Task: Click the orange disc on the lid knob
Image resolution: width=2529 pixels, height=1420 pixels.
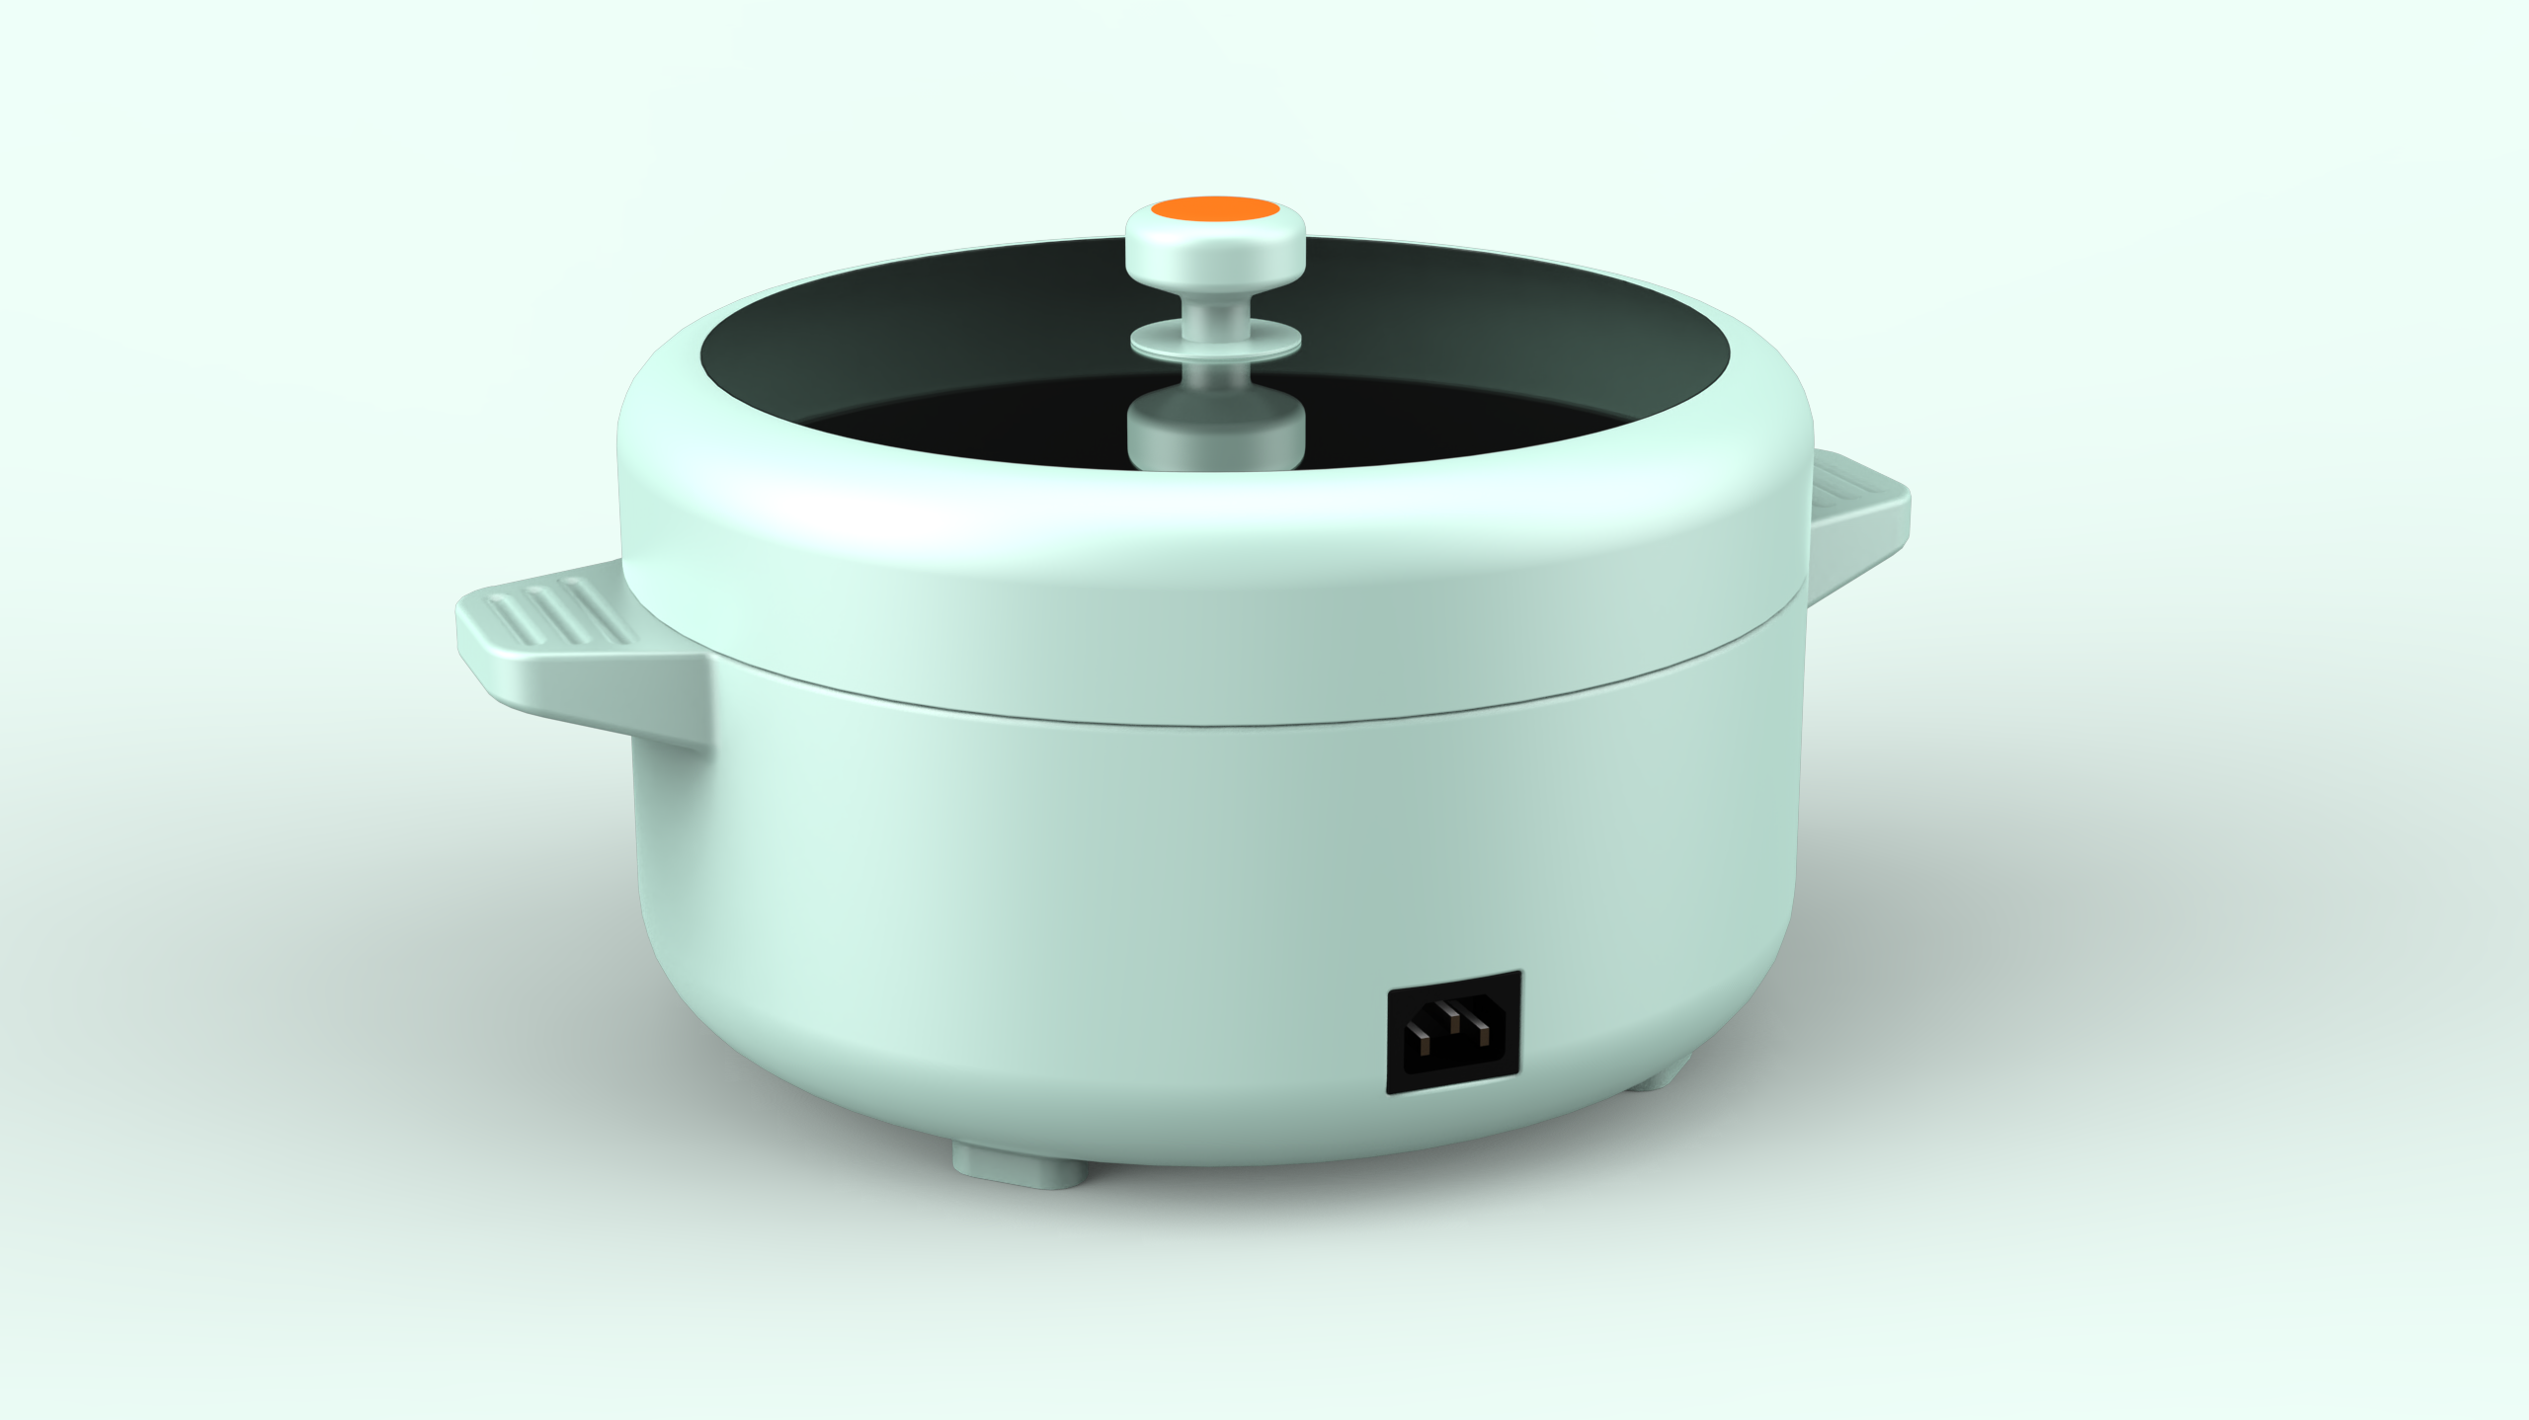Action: [1216, 209]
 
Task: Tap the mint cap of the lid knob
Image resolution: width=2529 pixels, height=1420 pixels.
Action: [1216, 252]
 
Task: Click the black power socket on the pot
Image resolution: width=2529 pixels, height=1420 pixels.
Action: [1453, 1032]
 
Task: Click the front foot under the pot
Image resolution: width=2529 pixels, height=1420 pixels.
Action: [1018, 1165]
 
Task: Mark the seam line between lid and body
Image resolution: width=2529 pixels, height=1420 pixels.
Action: [1215, 724]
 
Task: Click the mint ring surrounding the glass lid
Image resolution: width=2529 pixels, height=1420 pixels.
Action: [1215, 533]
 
